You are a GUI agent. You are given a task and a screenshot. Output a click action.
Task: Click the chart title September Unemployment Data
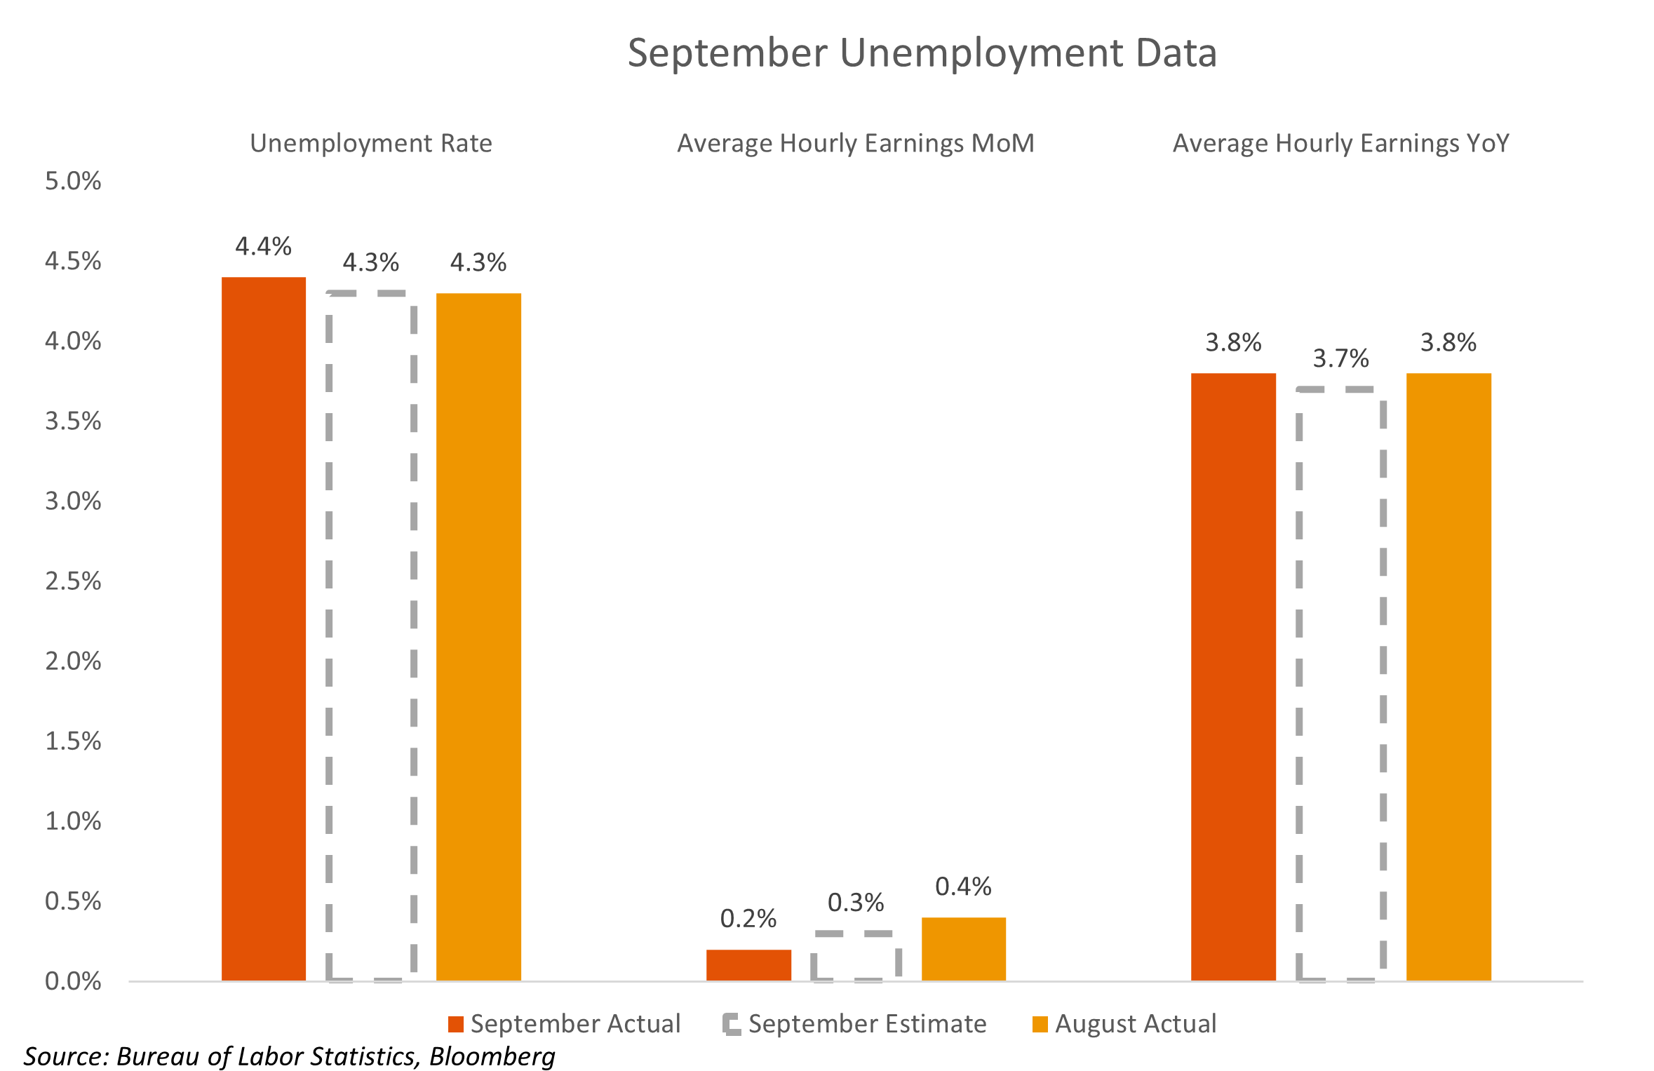[922, 53]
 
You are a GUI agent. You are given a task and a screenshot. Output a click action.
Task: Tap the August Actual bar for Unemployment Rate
[478, 636]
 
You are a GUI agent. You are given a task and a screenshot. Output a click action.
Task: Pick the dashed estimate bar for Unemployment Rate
[371, 636]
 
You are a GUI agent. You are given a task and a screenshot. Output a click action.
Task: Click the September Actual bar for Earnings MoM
[748, 965]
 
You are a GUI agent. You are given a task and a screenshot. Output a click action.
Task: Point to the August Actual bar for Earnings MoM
[963, 949]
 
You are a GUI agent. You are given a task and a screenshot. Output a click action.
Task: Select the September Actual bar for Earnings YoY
[1233, 676]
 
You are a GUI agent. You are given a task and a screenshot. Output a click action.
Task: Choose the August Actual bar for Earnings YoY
[1448, 676]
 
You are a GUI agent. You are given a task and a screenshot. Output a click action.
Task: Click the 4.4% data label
[263, 246]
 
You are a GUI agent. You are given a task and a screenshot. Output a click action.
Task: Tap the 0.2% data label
[748, 918]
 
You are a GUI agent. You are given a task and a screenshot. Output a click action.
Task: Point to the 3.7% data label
[1340, 358]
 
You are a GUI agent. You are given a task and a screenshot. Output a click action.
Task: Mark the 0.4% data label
[963, 887]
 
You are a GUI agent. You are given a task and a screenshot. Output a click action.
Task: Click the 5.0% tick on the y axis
[73, 181]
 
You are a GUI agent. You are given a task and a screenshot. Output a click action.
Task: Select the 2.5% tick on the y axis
[73, 581]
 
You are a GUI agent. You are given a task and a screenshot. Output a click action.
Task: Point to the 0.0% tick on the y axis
[73, 981]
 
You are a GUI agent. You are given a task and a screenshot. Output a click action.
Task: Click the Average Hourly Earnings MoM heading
[855, 143]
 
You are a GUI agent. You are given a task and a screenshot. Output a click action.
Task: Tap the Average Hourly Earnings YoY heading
[1340, 143]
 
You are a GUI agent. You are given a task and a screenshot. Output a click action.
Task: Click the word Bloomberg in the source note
[492, 1056]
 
